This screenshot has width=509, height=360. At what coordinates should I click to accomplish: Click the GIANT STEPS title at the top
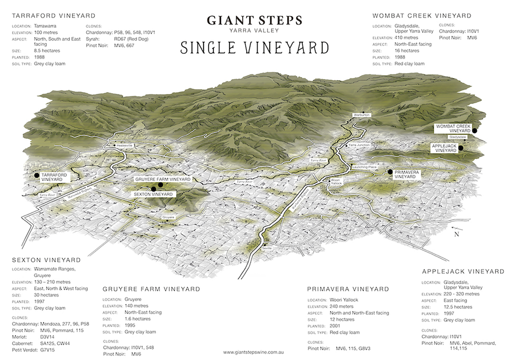click(x=254, y=20)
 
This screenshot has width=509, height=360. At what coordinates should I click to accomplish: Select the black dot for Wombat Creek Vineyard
click(x=474, y=130)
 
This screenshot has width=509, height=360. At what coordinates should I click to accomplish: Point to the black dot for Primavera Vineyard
click(x=390, y=172)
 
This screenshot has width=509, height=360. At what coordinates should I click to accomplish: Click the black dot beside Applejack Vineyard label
click(x=460, y=148)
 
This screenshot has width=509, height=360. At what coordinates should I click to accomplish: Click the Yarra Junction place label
click(x=359, y=146)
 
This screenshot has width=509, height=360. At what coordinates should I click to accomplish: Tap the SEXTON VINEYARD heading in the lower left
click(x=46, y=260)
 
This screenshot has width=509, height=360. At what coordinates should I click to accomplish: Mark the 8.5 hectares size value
click(x=47, y=50)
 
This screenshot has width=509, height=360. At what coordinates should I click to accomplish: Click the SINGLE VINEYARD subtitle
click(x=254, y=48)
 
